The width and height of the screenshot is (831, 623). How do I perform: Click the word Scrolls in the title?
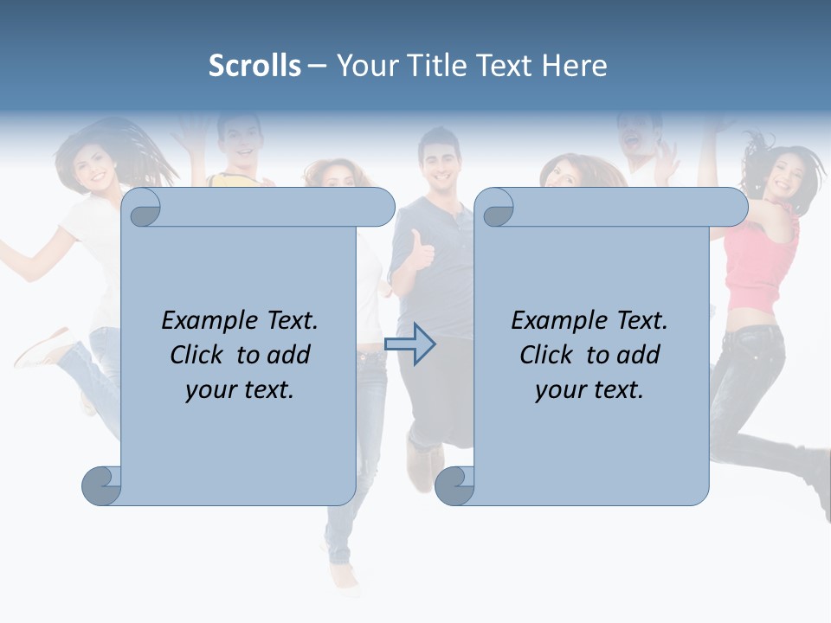click(254, 66)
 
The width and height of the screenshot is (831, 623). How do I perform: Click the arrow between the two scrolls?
click(409, 344)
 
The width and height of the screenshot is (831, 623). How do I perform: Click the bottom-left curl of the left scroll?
click(101, 486)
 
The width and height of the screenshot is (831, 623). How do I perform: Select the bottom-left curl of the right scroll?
click(454, 486)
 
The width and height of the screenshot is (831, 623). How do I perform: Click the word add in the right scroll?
click(639, 355)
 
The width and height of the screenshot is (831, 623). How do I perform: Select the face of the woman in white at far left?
click(96, 164)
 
